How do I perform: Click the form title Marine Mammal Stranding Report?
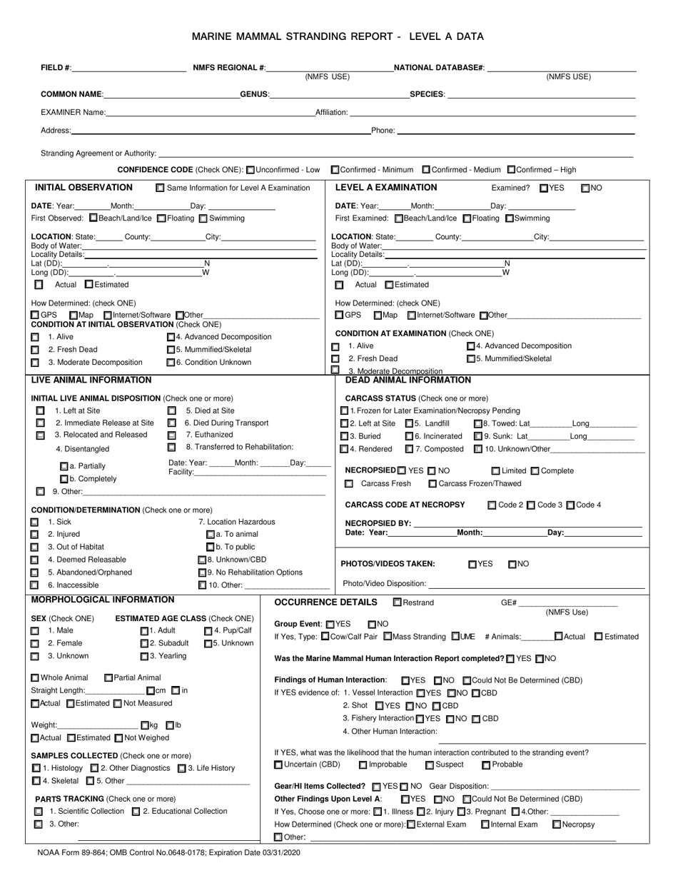338,35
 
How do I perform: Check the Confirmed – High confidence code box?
511,170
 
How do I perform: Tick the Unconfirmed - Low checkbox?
250,170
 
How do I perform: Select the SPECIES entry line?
540,94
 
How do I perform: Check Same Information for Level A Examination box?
160,188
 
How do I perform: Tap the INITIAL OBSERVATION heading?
84,188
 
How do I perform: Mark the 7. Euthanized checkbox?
171,435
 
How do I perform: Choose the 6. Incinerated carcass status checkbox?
409,436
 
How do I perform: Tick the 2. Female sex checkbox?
35,643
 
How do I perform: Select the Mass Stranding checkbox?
388,637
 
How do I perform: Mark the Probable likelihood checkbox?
486,765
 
